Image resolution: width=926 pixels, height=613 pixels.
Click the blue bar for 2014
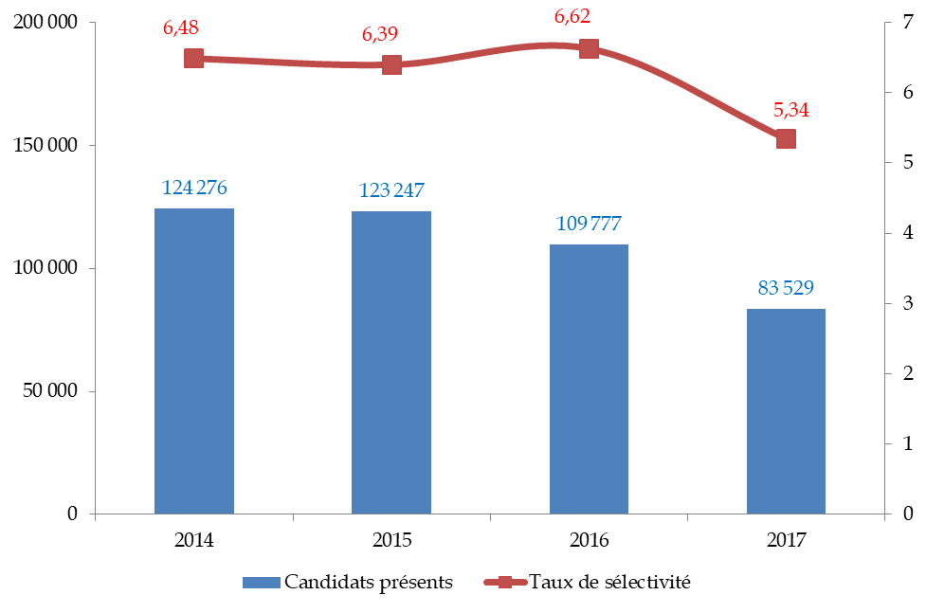(194, 361)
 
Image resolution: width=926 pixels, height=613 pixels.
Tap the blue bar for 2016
(589, 379)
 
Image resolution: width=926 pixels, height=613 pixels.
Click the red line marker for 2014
(194, 59)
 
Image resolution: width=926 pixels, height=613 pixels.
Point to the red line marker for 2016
(589, 49)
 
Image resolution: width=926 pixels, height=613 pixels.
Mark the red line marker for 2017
(786, 139)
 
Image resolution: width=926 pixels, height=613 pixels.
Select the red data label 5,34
(791, 110)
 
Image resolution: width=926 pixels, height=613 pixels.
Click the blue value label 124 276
(194, 188)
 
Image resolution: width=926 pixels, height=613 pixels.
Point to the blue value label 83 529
(786, 287)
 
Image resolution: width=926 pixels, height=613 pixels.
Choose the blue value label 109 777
(589, 224)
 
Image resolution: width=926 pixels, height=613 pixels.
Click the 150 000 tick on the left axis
(45, 146)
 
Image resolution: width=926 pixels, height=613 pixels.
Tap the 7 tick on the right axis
(907, 23)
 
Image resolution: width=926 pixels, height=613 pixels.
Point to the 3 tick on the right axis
(907, 303)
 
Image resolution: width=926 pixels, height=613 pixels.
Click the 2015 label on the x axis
(391, 541)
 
